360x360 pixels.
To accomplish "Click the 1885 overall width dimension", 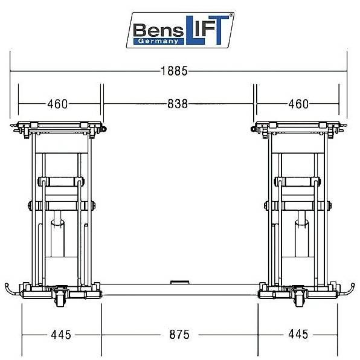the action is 174,71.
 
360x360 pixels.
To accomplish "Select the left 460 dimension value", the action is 57,104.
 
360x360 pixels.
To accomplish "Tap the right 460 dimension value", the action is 298,104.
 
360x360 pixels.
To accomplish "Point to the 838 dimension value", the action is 178,104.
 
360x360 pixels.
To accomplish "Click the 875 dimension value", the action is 179,335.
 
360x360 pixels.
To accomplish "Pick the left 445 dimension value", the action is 61,335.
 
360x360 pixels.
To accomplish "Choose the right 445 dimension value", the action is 298,334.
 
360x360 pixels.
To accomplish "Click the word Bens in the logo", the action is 158,30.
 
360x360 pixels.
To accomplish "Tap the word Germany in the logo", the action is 158,41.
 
